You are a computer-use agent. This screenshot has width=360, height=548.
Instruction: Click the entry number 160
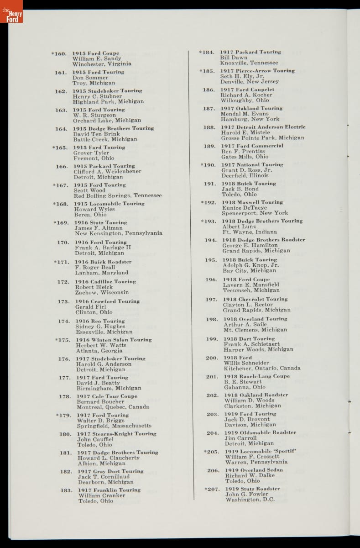tap(61, 54)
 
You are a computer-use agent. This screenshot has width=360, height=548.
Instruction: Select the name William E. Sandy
tap(97, 59)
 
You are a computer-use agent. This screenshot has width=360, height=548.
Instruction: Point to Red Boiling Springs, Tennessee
tap(118, 195)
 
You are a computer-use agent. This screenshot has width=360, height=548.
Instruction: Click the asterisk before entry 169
tap(55, 223)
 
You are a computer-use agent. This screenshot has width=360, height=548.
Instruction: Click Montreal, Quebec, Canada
tap(113, 407)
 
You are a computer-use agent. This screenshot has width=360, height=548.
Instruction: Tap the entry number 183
tap(66, 490)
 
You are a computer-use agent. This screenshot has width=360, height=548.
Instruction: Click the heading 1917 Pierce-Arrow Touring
tap(257, 71)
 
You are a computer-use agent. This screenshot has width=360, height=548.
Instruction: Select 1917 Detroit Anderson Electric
tap(263, 127)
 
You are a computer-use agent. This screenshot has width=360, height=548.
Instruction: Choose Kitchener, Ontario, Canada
tap(262, 368)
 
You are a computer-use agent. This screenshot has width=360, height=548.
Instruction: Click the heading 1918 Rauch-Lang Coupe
tap(256, 376)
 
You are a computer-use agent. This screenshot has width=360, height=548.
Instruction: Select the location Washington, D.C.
tap(250, 500)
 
